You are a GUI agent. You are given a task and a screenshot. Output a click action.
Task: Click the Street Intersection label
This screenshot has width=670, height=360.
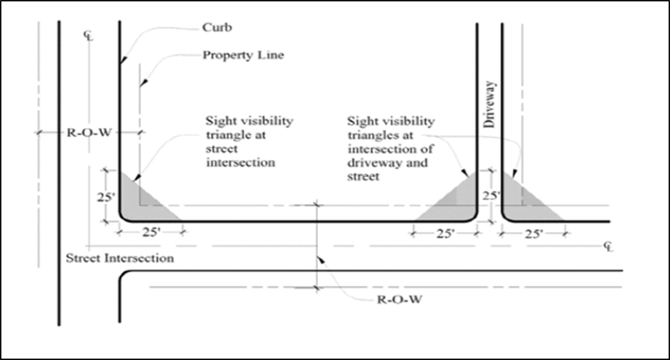pos(119,259)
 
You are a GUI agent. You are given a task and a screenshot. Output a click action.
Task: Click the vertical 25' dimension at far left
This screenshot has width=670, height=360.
pos(108,198)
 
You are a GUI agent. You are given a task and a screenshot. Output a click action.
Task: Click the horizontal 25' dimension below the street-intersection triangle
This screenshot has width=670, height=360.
pos(151,232)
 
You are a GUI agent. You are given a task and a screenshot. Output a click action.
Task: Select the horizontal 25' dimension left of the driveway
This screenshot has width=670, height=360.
pos(445,233)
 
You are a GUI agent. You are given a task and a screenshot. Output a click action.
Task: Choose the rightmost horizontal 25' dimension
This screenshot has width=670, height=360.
pos(533,233)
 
